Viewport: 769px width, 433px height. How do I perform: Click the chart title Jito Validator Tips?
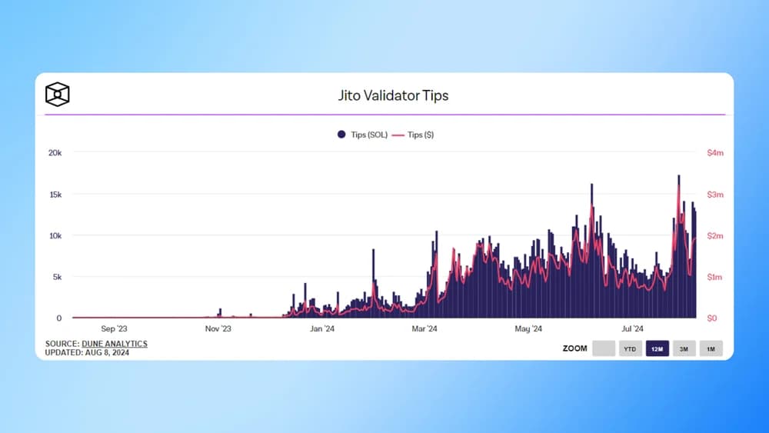click(x=393, y=96)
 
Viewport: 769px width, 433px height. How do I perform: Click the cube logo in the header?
click(x=58, y=95)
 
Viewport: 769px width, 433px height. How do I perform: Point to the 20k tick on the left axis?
click(x=55, y=153)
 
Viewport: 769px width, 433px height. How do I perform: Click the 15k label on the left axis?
click(x=55, y=195)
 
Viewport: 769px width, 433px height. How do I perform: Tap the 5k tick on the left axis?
click(x=57, y=277)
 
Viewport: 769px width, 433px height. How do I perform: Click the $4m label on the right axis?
click(x=715, y=153)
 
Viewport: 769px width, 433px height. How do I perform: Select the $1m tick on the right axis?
click(x=715, y=277)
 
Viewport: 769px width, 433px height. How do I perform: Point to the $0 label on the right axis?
click(x=712, y=318)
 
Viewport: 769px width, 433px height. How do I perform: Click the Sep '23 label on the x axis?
click(x=114, y=329)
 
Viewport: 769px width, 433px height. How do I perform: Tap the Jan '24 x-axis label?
click(x=321, y=329)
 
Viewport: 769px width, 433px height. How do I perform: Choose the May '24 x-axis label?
click(x=528, y=329)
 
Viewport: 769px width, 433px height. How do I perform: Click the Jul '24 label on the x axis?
click(x=632, y=329)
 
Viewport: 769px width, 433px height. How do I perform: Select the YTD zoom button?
click(x=630, y=348)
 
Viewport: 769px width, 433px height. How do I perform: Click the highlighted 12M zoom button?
click(x=657, y=348)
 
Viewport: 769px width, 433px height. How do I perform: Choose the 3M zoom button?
click(x=684, y=348)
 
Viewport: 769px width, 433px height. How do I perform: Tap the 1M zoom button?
click(x=711, y=348)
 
